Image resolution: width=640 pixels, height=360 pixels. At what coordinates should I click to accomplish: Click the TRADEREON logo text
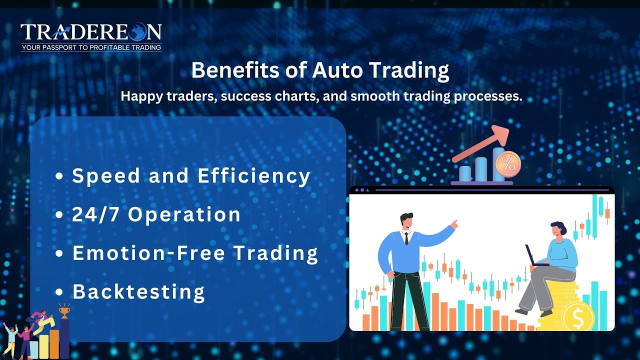tap(91, 32)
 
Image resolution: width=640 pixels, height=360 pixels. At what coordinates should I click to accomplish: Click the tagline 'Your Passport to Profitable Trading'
tap(91, 47)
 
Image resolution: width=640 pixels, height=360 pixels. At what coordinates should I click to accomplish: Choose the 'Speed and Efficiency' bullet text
tap(191, 176)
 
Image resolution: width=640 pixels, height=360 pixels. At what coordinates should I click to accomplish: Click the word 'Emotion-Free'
tap(150, 253)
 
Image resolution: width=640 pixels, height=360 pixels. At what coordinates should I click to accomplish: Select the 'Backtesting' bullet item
tap(138, 291)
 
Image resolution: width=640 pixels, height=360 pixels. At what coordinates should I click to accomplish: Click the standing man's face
tap(407, 222)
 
